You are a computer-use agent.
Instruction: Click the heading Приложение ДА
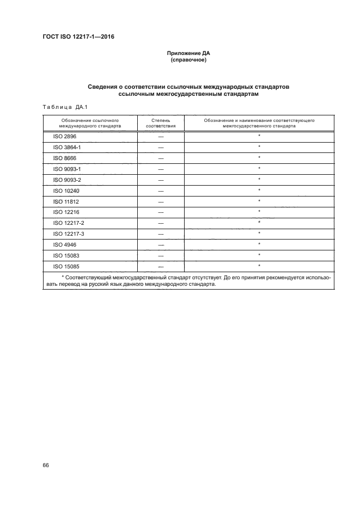188,53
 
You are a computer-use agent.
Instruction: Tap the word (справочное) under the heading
188,60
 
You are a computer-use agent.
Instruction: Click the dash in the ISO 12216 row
161,212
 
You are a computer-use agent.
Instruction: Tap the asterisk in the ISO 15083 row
259,255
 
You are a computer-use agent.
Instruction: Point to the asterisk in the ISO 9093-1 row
259,169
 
